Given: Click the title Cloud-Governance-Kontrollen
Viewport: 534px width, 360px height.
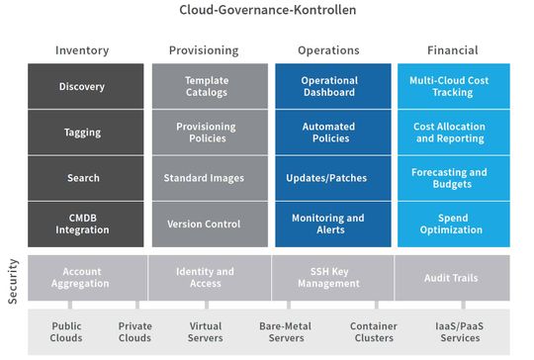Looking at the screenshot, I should pyautogui.click(x=267, y=11).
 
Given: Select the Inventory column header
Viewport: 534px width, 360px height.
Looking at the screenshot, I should pyautogui.click(x=82, y=50).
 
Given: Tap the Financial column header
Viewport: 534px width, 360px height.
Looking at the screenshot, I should pyautogui.click(x=454, y=50).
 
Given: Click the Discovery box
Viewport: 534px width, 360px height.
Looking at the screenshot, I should pyautogui.click(x=82, y=86).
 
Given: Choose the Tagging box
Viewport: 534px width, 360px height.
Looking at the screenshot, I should pyautogui.click(x=82, y=133).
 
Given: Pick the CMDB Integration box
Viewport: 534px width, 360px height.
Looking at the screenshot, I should pyautogui.click(x=82, y=224).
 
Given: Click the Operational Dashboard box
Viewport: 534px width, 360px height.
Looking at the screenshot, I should pyautogui.click(x=329, y=86).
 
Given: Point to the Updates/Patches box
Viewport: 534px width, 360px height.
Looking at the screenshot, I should pyautogui.click(x=329, y=178).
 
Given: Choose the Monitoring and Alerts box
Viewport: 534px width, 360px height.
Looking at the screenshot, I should pyautogui.click(x=329, y=224).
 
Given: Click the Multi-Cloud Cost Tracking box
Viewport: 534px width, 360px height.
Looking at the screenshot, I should pyautogui.click(x=454, y=86).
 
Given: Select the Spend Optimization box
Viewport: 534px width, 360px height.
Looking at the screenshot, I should pyautogui.click(x=454, y=224).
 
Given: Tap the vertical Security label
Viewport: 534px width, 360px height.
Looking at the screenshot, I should pyautogui.click(x=13, y=279).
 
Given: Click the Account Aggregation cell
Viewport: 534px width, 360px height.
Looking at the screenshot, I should pyautogui.click(x=82, y=278).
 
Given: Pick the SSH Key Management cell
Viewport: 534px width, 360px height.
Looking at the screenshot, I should pyautogui.click(x=329, y=278).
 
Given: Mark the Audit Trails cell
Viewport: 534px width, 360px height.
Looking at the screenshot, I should pyautogui.click(x=454, y=278).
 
